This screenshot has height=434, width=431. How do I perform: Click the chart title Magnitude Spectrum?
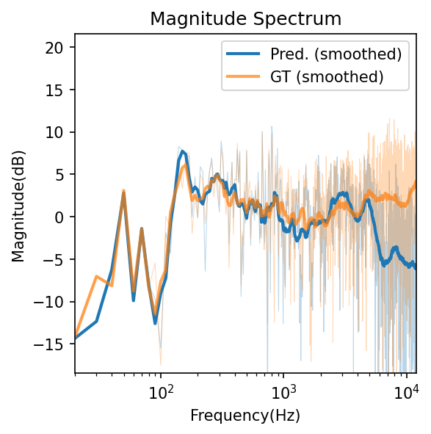245,19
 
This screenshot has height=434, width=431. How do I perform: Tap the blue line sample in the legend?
244,54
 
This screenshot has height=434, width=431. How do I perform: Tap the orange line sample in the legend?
244,76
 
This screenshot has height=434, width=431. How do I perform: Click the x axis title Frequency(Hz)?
245,416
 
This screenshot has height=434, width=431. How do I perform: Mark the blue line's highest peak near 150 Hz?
183,152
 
